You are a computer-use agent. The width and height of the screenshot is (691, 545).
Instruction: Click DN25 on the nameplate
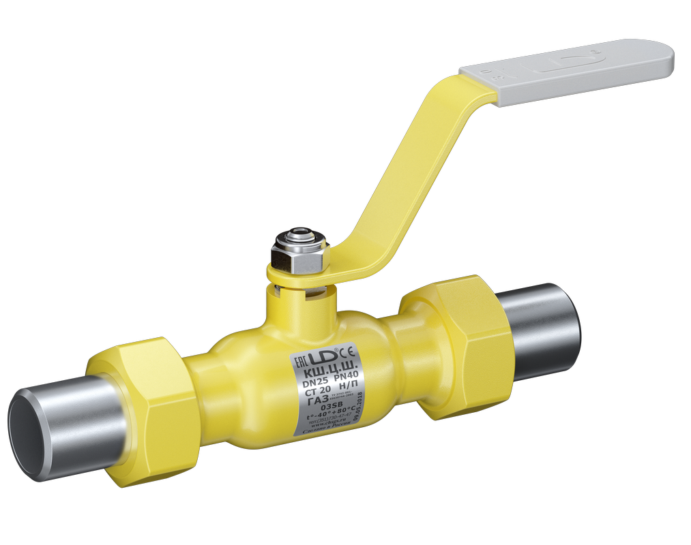click(313, 386)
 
